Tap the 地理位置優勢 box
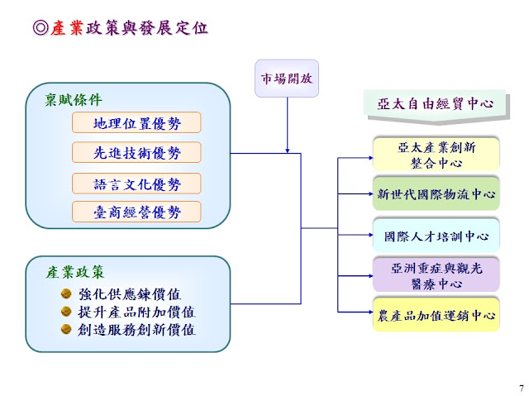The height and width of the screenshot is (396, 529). click(136, 123)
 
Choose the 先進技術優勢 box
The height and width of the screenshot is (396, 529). click(136, 153)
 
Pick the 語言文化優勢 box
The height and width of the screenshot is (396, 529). click(136, 184)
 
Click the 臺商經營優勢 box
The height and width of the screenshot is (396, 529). click(136, 212)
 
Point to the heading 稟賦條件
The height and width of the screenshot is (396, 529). click(74, 100)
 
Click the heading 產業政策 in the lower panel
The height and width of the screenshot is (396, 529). click(75, 272)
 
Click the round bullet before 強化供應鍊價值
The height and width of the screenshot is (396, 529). click(66, 293)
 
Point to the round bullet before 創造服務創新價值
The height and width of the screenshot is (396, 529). click(66, 328)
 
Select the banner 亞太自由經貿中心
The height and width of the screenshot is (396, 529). click(435, 104)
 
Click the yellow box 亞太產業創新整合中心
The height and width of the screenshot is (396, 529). click(436, 155)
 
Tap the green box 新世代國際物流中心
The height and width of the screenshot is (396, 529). click(436, 195)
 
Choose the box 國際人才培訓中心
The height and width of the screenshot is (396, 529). click(436, 236)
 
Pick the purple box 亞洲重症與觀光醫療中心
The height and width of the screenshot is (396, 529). click(436, 275)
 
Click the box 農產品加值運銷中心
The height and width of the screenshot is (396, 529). click(436, 316)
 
